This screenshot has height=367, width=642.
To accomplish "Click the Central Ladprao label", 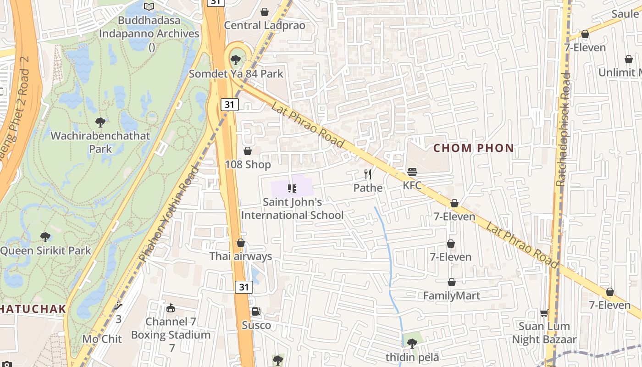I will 264,25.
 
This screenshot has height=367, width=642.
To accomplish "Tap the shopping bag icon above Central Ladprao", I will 265,11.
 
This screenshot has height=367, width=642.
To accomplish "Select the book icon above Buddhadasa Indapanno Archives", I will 149,6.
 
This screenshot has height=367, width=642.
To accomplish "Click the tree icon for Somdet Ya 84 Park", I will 236,60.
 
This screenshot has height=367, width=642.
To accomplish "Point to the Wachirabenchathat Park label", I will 100,142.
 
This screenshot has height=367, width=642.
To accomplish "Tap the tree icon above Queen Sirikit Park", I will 45,237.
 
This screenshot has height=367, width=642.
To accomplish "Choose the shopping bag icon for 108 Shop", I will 248,151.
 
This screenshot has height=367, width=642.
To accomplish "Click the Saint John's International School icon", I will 292,188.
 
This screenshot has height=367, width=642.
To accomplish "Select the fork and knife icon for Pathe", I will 367,174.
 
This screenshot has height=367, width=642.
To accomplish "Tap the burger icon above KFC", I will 412,172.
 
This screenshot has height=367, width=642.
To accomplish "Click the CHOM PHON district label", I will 474,148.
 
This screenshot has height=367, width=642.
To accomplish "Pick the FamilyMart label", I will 451,296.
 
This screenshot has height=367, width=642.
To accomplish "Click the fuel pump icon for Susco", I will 256,312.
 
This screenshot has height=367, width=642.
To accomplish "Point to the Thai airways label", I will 241,256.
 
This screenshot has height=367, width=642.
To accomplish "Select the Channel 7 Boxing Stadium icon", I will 171,308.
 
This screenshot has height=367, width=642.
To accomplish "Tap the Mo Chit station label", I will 102,339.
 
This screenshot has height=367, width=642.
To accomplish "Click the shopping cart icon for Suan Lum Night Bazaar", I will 544,313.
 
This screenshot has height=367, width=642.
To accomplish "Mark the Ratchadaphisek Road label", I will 563,129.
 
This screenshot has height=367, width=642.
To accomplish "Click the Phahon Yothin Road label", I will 169,215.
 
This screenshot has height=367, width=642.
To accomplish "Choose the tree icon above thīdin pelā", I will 412,342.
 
